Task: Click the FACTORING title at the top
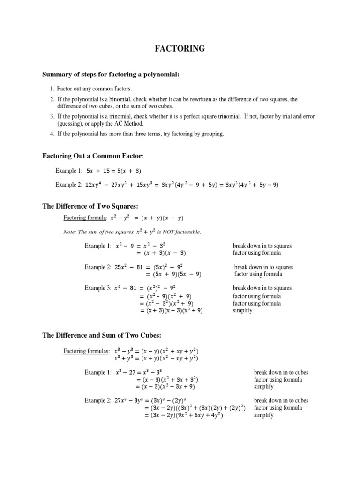pyautogui.click(x=180, y=48)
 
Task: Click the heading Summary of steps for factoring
pyautogui.click(x=111, y=74)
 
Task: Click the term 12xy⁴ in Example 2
pyautogui.click(x=96, y=185)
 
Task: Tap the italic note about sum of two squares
pyautogui.click(x=132, y=232)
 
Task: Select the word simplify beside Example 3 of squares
pyautogui.click(x=242, y=310)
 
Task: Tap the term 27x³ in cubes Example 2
pyautogui.click(x=123, y=401)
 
